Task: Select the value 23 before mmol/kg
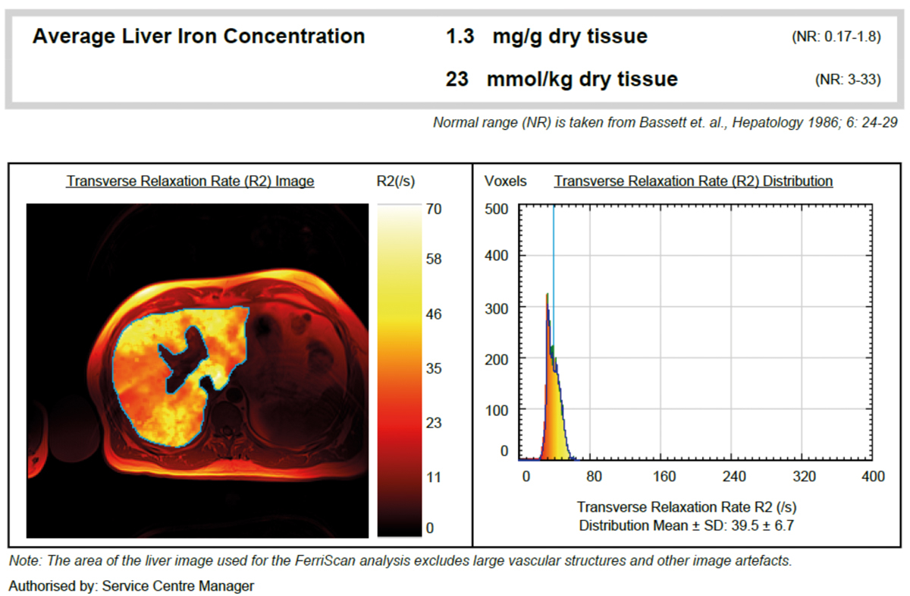coord(457,79)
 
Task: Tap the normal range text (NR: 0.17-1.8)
coord(835,37)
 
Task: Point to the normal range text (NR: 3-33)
coord(847,80)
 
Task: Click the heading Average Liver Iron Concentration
coord(199,36)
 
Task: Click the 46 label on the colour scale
coord(434,314)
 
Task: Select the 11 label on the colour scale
coord(433,477)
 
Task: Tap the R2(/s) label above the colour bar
coord(396,181)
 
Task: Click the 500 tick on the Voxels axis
coord(496,209)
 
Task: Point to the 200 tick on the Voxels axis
coord(496,358)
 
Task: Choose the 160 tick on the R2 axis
coord(664,477)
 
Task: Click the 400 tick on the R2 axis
coord(873,477)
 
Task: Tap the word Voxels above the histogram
coord(505,181)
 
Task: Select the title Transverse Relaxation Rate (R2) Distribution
coord(693,181)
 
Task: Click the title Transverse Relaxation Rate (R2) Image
coord(190,181)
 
